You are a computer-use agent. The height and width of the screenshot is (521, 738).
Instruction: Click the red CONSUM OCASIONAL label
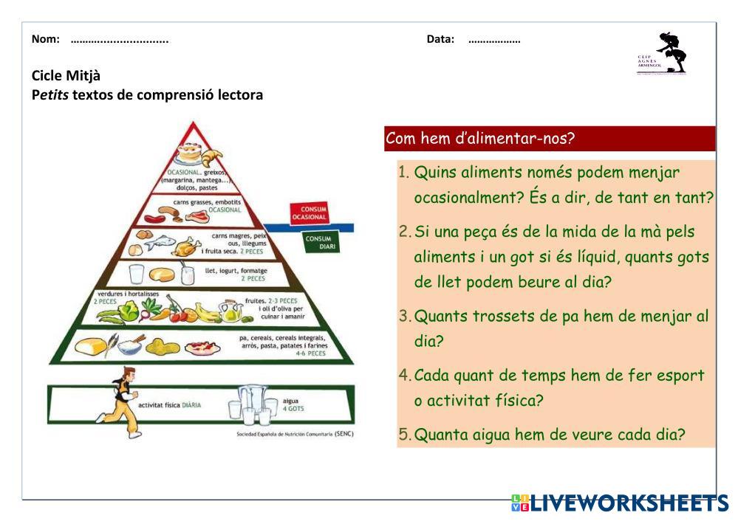(309, 213)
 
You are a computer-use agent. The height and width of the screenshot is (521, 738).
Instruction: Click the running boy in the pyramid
(121, 402)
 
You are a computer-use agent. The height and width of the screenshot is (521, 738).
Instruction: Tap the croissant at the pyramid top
(211, 157)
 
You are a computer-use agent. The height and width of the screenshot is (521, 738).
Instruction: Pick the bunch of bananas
(208, 313)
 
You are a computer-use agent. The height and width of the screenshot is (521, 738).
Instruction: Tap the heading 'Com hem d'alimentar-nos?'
(480, 139)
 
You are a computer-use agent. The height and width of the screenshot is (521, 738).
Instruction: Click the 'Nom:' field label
(46, 39)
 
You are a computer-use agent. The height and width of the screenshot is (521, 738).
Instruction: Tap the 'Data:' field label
(440, 39)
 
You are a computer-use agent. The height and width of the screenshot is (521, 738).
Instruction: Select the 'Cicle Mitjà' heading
(66, 75)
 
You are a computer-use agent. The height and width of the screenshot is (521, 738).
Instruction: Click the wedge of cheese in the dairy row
(161, 275)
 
